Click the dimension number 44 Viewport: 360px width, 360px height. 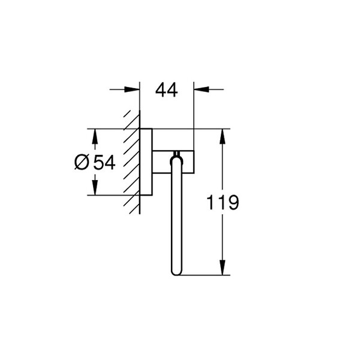[x=166, y=90]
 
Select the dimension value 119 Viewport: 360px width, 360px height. [x=223, y=203]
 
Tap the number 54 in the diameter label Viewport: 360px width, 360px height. [x=104, y=163]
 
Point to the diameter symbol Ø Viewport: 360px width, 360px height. [x=82, y=163]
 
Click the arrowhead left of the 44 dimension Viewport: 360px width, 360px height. [x=132, y=89]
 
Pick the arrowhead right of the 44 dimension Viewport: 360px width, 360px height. [x=202, y=89]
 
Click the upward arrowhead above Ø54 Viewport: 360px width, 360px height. [x=95, y=136]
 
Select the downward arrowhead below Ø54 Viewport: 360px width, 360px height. [x=95, y=188]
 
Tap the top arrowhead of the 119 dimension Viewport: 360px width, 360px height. [x=222, y=137]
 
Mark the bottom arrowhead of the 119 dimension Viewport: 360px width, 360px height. [x=222, y=267]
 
